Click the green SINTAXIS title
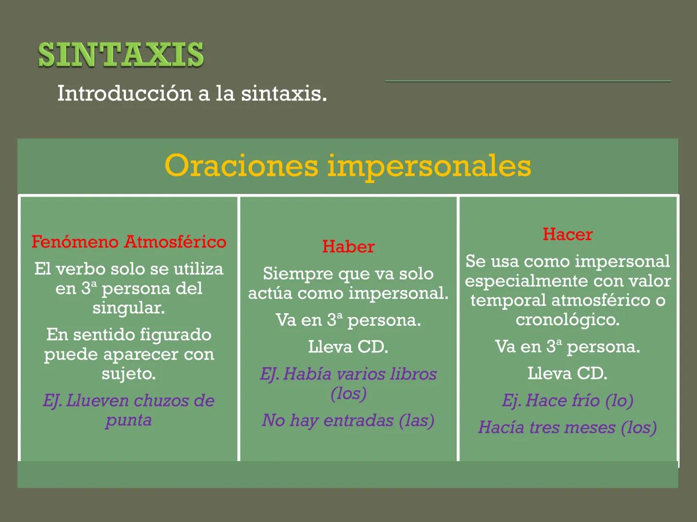coord(121,55)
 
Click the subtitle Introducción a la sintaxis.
coord(192,93)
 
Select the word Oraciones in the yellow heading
coord(241,166)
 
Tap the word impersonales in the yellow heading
coord(429,166)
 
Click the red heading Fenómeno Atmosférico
coord(129,242)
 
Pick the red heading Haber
coord(348,246)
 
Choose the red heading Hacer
coord(567,234)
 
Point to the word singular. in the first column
coord(129,308)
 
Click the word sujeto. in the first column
coord(129,374)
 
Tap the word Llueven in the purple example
coord(97,401)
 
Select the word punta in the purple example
coord(129,420)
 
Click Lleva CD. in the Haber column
coord(348,347)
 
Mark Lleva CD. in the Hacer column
coord(567,374)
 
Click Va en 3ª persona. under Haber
coord(348,320)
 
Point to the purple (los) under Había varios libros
coord(348,393)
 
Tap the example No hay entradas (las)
coord(348,420)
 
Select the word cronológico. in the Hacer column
coord(567,320)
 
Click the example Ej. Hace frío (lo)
coord(567,401)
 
